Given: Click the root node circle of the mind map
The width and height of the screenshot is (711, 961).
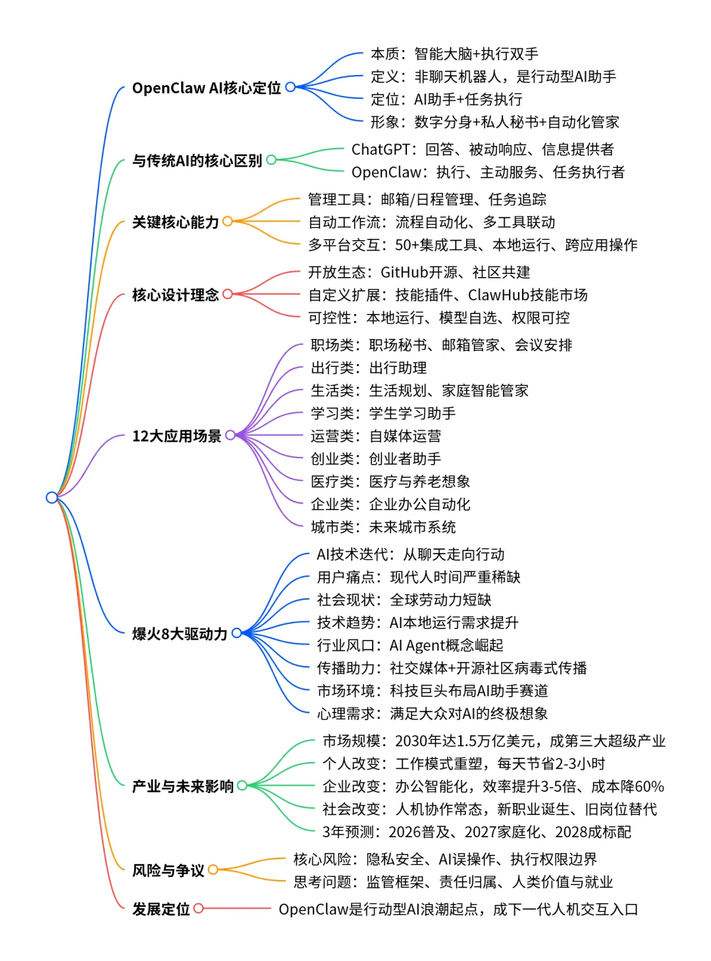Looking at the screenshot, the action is pyautogui.click(x=52, y=497).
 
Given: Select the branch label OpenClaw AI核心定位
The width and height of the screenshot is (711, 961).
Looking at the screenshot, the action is pyautogui.click(x=206, y=88).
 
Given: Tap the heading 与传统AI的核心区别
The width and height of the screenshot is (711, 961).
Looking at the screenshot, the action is pyautogui.click(x=197, y=161).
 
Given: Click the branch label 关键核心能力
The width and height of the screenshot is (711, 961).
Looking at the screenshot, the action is pyautogui.click(x=175, y=222).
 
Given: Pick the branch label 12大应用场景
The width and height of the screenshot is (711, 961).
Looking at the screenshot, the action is pyautogui.click(x=176, y=436).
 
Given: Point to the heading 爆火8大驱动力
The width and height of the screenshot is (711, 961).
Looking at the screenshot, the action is pyautogui.click(x=179, y=634).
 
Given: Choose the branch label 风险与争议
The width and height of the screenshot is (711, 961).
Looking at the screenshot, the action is pyautogui.click(x=168, y=871).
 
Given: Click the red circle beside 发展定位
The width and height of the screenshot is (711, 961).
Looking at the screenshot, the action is pyautogui.click(x=198, y=908).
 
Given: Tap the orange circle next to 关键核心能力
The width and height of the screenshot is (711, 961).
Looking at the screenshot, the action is pyautogui.click(x=228, y=222).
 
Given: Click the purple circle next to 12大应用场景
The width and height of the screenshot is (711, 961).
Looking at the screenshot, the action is pyautogui.click(x=230, y=435).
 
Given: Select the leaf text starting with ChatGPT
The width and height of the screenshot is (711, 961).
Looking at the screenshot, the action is pyautogui.click(x=482, y=149).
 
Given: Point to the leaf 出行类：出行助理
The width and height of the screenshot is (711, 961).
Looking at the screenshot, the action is pyautogui.click(x=369, y=368).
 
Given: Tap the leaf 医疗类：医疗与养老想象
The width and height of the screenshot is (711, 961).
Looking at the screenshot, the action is pyautogui.click(x=390, y=482).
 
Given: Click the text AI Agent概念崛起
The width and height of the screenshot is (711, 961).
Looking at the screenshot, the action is pyautogui.click(x=446, y=645).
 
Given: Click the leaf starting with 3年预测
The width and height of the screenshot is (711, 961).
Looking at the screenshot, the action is pyautogui.click(x=477, y=832).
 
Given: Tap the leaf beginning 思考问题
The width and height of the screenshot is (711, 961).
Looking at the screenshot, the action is pyautogui.click(x=453, y=882).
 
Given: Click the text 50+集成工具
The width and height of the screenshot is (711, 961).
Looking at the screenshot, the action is pyautogui.click(x=436, y=246).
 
